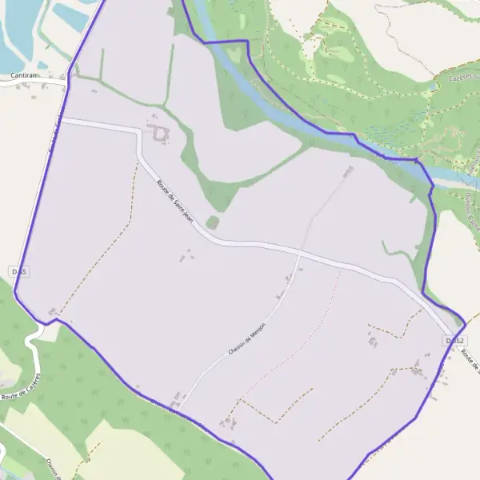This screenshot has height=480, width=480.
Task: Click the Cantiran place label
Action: (x=21, y=75)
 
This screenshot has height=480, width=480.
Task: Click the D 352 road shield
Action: (x=454, y=341)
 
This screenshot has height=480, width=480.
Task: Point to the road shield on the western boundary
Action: (x=19, y=272)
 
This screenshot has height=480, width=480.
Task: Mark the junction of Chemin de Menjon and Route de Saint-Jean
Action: (x=298, y=255)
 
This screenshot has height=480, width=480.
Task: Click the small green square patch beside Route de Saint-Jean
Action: (x=212, y=222)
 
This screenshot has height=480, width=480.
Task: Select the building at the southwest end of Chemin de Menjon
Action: (x=178, y=397)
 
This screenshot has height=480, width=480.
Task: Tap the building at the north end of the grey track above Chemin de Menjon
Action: (x=348, y=171)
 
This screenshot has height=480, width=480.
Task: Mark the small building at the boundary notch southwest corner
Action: (x=53, y=311)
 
